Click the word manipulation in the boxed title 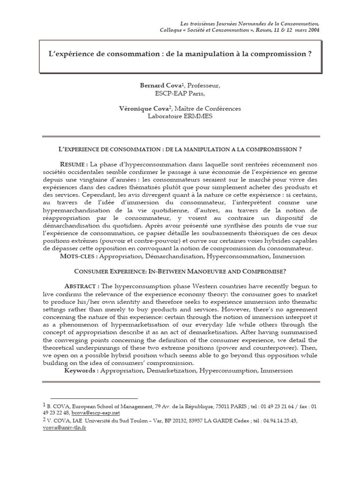188,53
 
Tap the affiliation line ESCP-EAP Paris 180,93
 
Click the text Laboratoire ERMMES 180,115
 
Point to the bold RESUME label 74,164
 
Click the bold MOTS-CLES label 78,256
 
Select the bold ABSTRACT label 81,286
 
